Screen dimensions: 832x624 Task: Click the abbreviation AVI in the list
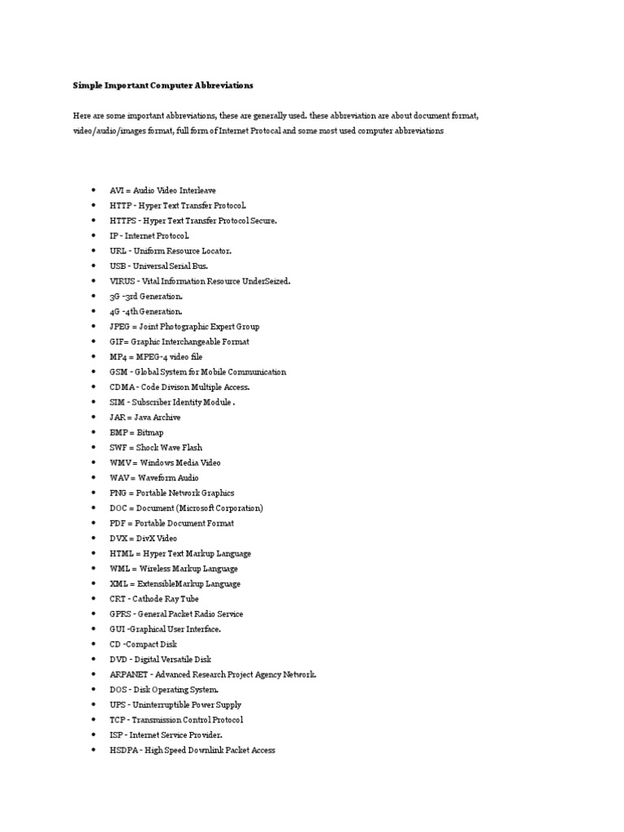117,190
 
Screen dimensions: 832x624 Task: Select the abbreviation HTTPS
123,220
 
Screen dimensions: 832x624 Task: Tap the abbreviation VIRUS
123,281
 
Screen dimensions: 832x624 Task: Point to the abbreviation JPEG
120,327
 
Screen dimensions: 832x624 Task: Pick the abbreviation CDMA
122,387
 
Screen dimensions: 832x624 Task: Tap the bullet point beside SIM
93,402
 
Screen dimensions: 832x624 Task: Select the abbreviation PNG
119,493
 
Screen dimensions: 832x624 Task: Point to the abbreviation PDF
118,523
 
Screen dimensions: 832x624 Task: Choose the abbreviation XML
119,583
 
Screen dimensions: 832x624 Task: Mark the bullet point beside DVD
93,660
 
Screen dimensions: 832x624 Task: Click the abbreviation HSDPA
124,750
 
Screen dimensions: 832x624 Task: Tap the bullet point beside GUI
93,629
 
